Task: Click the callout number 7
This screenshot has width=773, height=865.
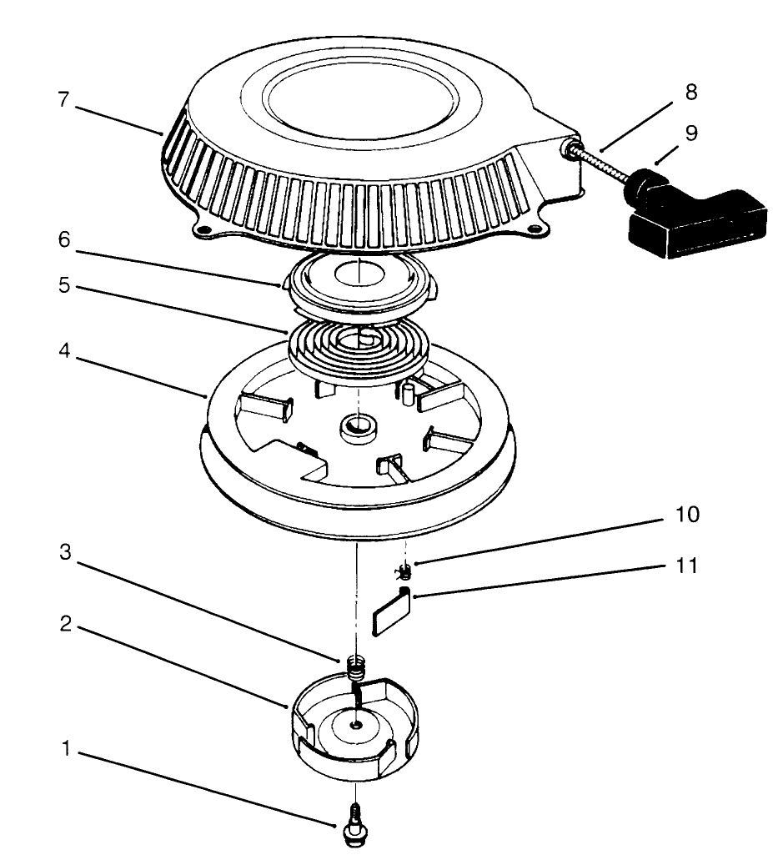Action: coord(64,100)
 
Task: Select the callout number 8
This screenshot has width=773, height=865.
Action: coord(690,92)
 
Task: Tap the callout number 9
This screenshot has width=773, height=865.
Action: coord(690,133)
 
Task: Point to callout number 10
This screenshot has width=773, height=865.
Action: coord(687,514)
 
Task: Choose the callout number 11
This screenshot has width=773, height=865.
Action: coord(687,566)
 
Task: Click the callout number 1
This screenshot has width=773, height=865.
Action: coord(66,748)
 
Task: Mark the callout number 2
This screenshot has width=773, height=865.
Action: coord(66,624)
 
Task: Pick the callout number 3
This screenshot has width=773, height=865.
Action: coord(65,551)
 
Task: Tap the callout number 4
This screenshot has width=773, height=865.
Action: coord(64,351)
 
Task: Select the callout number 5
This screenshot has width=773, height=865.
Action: coord(64,285)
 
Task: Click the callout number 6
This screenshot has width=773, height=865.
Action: coord(64,239)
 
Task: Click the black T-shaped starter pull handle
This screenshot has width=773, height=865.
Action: coord(695,212)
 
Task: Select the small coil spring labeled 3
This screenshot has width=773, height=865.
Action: coord(357,669)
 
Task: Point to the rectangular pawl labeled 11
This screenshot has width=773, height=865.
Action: coord(392,611)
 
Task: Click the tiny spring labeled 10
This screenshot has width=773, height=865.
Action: coord(405,571)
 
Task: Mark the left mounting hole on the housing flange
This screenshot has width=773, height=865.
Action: coord(203,229)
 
